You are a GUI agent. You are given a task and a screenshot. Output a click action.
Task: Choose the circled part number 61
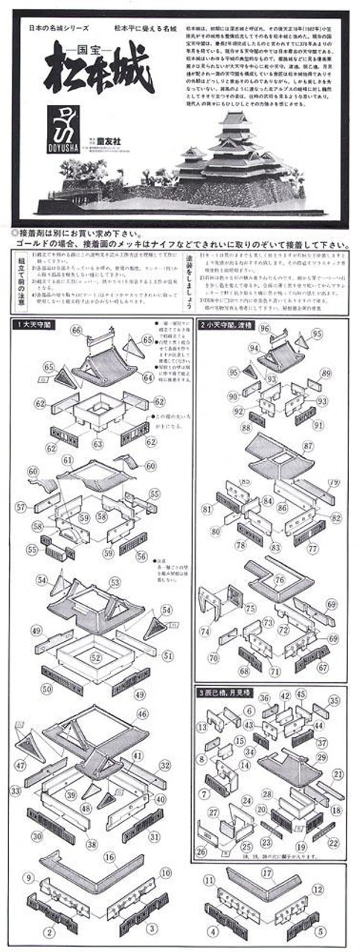click(x=68, y=461)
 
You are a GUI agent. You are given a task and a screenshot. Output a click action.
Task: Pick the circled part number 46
click(x=143, y=713)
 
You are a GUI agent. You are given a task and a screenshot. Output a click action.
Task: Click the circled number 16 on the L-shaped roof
click(x=109, y=857)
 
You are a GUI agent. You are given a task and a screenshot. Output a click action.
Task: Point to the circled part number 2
click(x=50, y=930)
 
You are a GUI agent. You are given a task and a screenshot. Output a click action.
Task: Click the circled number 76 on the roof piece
click(x=278, y=580)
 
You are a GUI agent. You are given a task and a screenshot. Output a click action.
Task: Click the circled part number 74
click(x=205, y=631)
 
